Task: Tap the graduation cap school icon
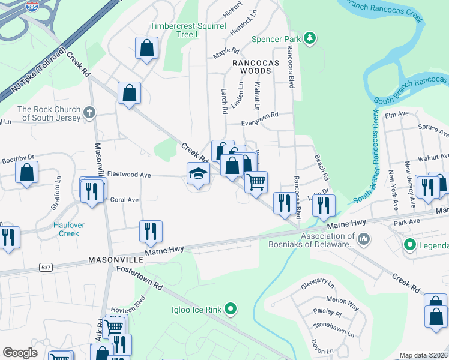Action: [198, 174]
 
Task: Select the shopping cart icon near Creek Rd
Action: [256, 181]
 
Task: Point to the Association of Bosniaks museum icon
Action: [364, 240]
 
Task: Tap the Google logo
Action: [20, 352]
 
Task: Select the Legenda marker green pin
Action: [410, 245]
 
